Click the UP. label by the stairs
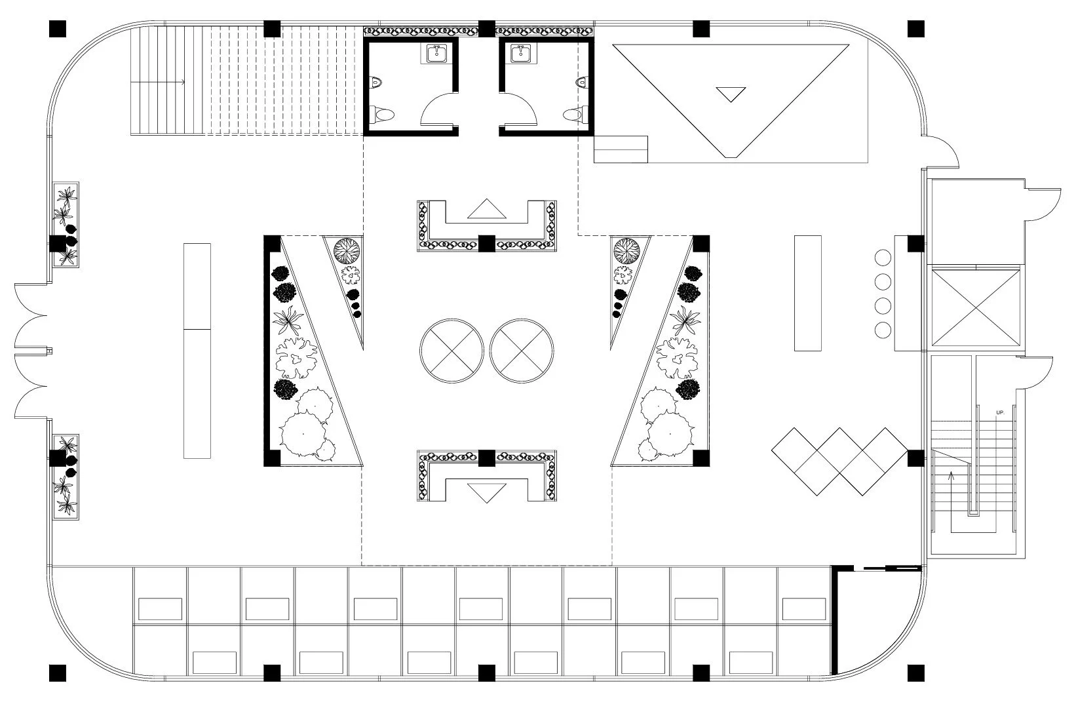(x=999, y=412)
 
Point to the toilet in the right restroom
(x=574, y=115)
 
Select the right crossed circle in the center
(x=522, y=351)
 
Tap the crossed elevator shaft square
(x=975, y=306)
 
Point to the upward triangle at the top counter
(x=487, y=209)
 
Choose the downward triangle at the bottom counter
(x=487, y=492)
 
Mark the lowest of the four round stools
(x=883, y=330)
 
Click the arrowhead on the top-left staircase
(x=182, y=82)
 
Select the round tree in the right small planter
(x=626, y=250)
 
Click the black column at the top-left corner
(x=58, y=28)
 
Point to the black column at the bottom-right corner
(x=915, y=673)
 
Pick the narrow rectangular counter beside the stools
(x=807, y=293)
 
